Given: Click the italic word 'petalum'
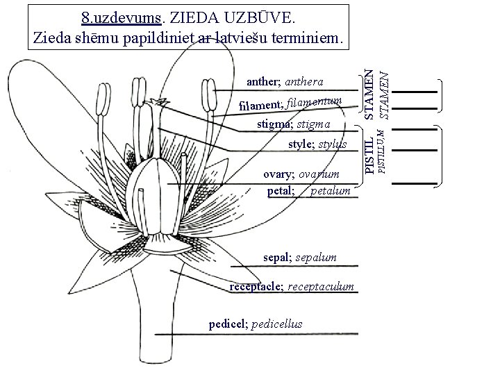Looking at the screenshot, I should click(331, 190).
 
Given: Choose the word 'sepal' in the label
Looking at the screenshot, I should click(277, 258).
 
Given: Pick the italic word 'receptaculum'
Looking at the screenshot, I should click(324, 286).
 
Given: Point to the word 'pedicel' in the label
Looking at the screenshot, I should click(226, 324).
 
